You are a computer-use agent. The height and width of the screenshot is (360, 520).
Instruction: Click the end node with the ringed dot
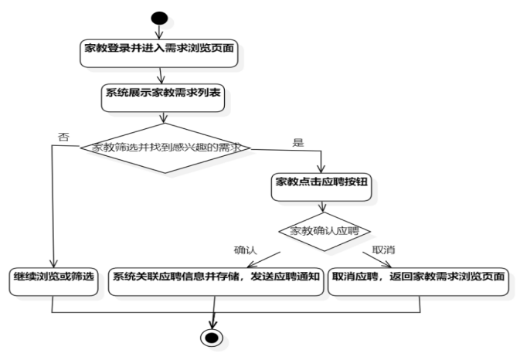[x=211, y=337]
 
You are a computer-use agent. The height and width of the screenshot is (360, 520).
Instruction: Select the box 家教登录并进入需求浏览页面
[x=159, y=49]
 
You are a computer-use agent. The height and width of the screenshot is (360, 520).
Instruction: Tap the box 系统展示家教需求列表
[x=159, y=98]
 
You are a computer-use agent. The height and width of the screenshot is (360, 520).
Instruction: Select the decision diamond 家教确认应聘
[x=325, y=230]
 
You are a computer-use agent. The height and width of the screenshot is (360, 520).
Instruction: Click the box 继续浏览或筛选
[x=53, y=277]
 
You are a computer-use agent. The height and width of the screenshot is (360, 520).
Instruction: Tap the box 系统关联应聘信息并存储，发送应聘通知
[x=215, y=277]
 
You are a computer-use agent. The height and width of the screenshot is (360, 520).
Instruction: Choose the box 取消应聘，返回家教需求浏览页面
[x=420, y=277]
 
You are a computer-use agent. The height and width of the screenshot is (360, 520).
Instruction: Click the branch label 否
[x=63, y=137]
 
